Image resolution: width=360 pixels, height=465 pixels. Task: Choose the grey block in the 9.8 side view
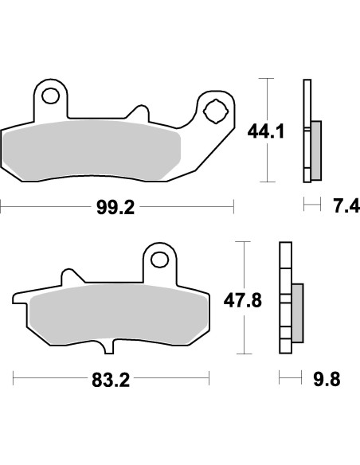pyautogui.click(x=298, y=311)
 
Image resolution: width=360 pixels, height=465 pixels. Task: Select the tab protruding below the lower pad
pyautogui.click(x=111, y=350)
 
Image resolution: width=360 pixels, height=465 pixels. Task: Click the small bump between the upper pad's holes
pyautogui.click(x=143, y=112)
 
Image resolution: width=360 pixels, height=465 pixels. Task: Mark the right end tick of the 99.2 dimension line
pyautogui.click(x=233, y=209)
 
